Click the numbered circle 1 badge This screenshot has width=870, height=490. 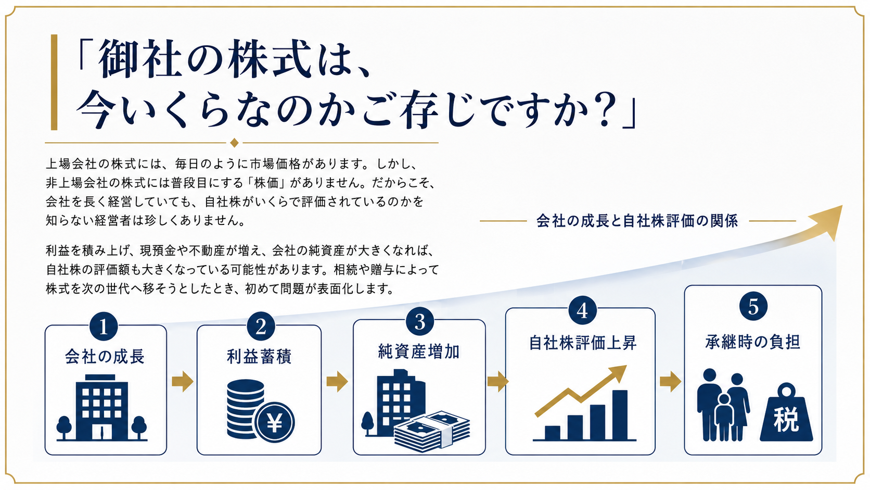click(104, 326)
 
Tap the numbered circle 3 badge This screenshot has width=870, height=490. click(420, 321)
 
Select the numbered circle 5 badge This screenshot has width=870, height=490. click(753, 306)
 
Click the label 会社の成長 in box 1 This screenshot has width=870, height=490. click(105, 356)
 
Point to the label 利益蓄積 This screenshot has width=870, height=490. click(259, 356)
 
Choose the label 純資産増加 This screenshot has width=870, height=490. click(419, 351)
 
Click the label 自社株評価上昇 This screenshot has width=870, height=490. click(583, 343)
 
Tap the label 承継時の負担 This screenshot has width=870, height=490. click(753, 342)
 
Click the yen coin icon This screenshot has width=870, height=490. click(274, 422)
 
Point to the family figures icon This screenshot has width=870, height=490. click(723, 405)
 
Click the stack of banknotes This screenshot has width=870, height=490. click(432, 431)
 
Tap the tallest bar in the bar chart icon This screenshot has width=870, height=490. click(620, 415)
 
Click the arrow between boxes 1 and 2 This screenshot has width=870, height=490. click(183, 381)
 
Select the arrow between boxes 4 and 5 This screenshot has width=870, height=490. click(670, 381)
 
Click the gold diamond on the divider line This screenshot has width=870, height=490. click(234, 143)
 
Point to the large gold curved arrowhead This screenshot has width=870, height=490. click(827, 221)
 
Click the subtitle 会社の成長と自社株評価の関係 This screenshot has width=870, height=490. click(637, 221)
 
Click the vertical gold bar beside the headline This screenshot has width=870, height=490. click(54, 82)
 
